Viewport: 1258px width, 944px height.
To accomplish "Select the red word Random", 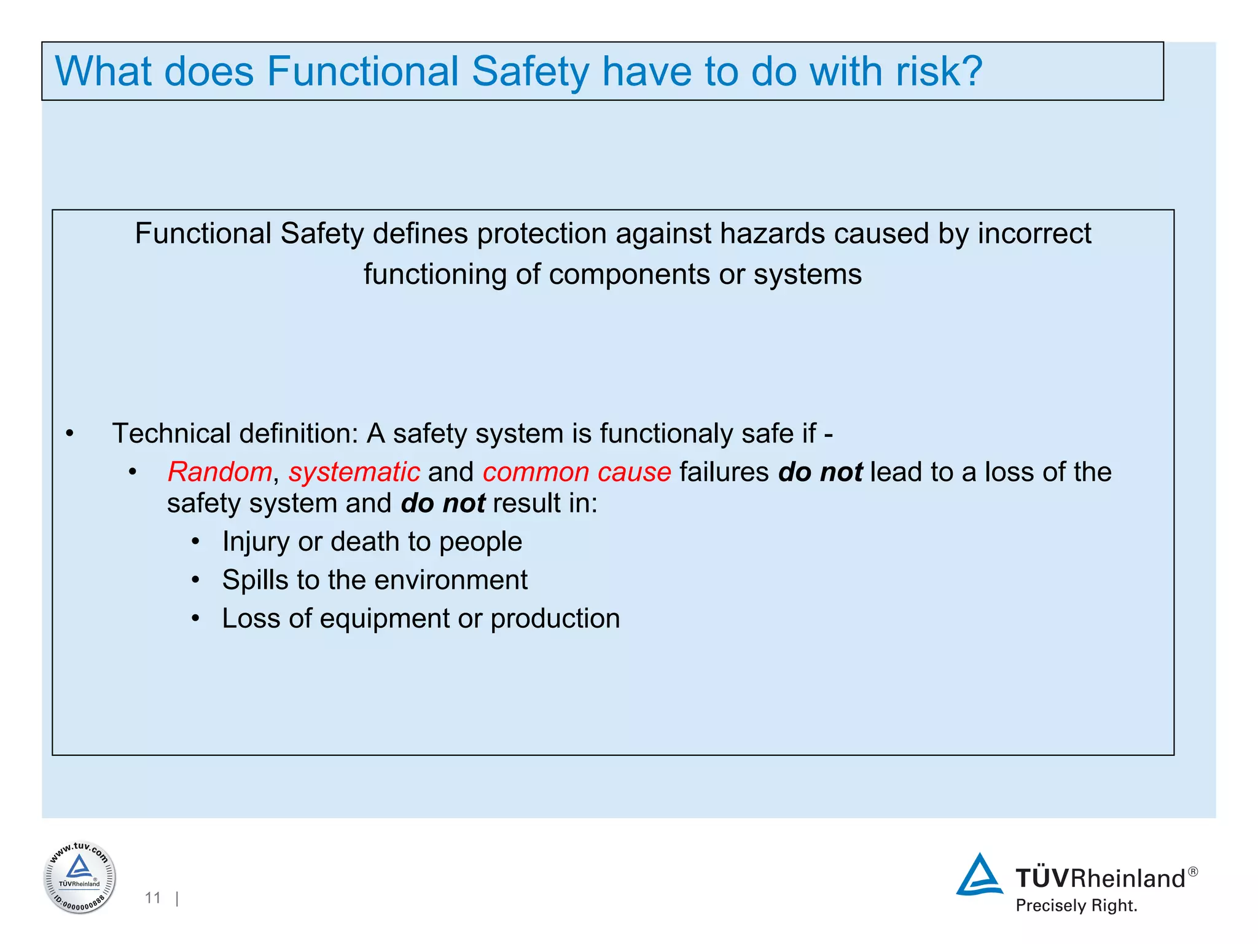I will (x=219, y=472).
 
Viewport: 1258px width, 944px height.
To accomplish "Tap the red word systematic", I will (x=354, y=472).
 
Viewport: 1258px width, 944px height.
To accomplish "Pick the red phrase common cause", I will (x=576, y=472).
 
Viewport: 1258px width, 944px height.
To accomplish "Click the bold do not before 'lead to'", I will (x=820, y=472).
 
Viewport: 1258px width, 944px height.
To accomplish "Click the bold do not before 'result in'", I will (x=443, y=503).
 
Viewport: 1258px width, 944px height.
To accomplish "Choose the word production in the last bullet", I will (x=555, y=618).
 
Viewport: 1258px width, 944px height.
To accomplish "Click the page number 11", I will (x=152, y=898).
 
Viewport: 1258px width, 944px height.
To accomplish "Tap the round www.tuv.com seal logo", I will (x=79, y=877).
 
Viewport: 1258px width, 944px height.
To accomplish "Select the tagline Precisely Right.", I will (x=1076, y=905).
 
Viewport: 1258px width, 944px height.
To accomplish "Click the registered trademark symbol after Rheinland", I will (x=1192, y=871).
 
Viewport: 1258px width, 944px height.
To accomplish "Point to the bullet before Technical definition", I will (x=70, y=434).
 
